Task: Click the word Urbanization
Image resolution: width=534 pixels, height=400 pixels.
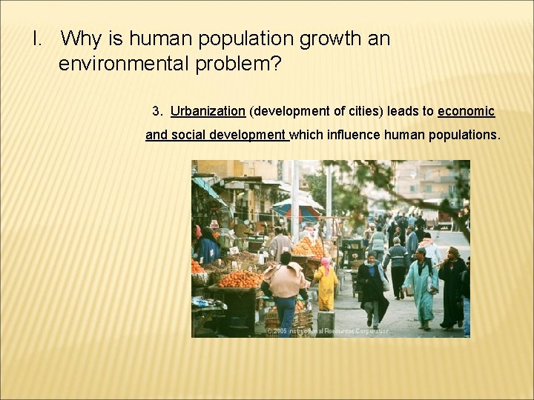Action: (x=208, y=111)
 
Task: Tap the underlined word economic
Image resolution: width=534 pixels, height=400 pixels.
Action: (x=466, y=111)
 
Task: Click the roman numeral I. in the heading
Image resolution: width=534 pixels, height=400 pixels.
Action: (x=39, y=39)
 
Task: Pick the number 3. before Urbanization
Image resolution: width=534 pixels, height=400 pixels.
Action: (x=157, y=111)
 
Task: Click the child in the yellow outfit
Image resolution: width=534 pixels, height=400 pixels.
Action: (x=326, y=284)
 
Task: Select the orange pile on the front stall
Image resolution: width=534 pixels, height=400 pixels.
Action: (x=240, y=279)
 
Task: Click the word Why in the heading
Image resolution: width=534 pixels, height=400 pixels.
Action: (x=79, y=39)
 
